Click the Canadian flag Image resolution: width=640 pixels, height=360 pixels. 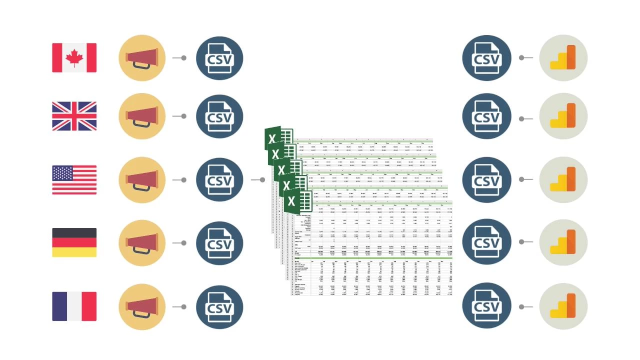coord(74,57)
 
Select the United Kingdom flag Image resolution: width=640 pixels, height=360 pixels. coord(74,116)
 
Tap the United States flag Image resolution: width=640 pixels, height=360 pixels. coord(74,180)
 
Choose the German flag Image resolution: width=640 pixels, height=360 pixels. coord(74,242)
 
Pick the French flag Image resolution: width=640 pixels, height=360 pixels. coord(74,306)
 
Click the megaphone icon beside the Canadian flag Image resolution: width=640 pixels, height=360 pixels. coord(142,58)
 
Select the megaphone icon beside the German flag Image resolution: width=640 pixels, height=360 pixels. coord(142,243)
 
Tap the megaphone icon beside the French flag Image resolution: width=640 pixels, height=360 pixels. coord(142,306)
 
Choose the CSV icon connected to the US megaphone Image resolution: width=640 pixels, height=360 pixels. coord(219,180)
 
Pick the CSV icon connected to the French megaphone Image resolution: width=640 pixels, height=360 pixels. coord(219,306)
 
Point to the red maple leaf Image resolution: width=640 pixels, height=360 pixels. coord(74,57)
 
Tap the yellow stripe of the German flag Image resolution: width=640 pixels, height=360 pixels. coord(74,252)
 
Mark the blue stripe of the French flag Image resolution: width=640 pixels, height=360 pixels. coord(59,306)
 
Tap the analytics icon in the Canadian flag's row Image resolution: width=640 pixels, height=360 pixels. coord(563,58)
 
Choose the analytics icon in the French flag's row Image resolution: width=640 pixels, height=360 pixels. coord(563,306)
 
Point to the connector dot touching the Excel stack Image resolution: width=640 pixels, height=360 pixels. coord(262,180)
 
